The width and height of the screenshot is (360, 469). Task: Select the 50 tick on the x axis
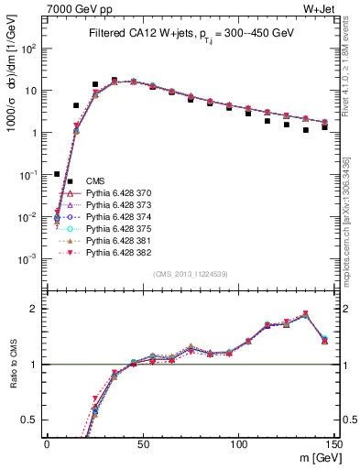[x=142, y=443]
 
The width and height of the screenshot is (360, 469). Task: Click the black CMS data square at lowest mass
[x=57, y=174]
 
